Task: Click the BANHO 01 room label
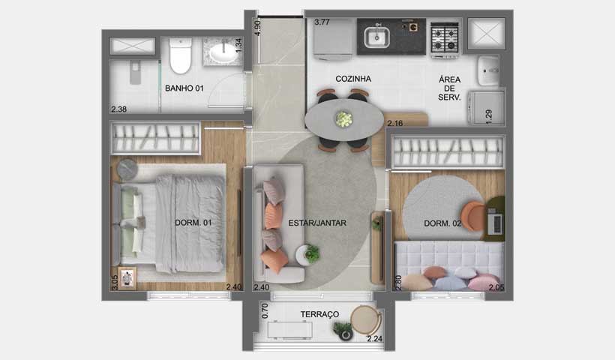184,88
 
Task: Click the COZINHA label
353,79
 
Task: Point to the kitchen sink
374,36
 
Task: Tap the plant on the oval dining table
343,118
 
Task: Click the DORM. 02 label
442,223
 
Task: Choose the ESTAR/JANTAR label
317,223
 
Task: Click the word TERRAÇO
319,313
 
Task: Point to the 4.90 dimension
258,28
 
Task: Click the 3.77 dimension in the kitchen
322,22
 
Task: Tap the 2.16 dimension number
395,123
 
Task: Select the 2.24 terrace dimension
374,339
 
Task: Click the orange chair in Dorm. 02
473,216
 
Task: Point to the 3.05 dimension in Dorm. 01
114,282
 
